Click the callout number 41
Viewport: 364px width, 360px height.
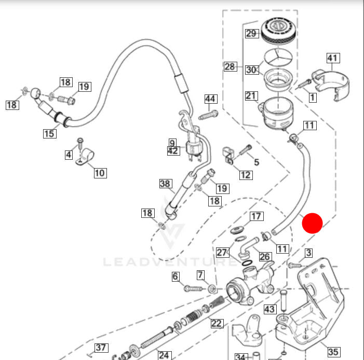(332, 58)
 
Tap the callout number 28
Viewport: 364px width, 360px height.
(230, 66)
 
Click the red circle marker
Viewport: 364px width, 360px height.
(313, 223)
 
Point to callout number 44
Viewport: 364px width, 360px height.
(210, 99)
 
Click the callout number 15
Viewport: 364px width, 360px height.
(49, 134)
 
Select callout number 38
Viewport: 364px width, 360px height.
(165, 184)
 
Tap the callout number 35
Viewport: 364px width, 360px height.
(333, 352)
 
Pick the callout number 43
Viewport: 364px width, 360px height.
(269, 309)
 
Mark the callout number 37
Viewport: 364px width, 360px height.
(100, 348)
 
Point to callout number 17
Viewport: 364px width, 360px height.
(257, 216)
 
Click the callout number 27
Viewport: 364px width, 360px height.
(222, 253)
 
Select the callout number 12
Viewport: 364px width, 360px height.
(246, 175)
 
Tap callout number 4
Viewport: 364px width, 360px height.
(69, 154)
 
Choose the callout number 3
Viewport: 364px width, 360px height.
(308, 253)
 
